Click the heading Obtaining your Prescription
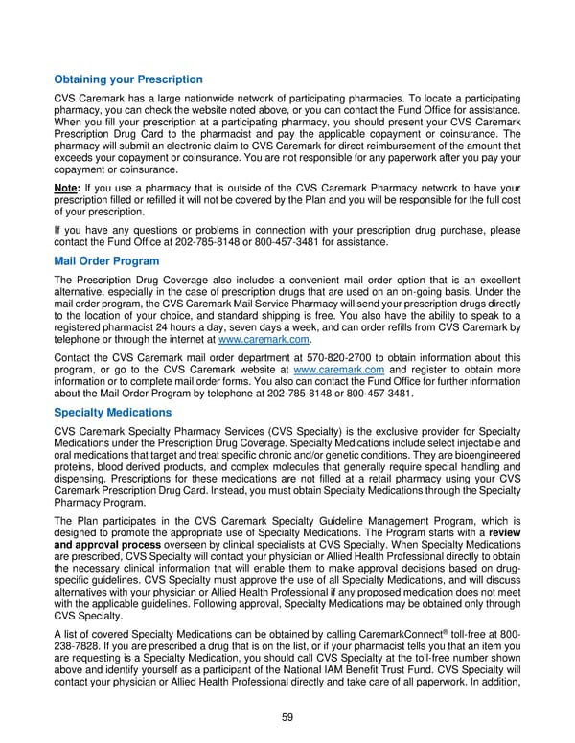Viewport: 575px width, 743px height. [127, 79]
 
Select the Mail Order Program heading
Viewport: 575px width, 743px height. [106, 260]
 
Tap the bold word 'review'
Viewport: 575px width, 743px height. [503, 531]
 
